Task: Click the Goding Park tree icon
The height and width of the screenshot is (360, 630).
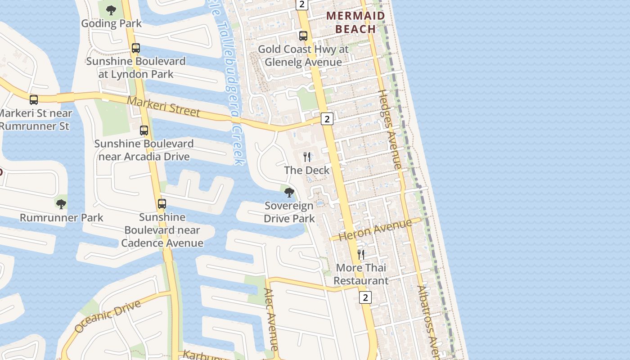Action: click(111, 10)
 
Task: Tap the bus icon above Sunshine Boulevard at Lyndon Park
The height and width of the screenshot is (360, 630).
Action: click(136, 48)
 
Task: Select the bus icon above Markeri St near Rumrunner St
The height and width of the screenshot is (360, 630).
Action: click(34, 100)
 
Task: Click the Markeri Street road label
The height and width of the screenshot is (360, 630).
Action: click(163, 107)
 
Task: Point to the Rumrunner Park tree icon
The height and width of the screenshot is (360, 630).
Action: click(61, 204)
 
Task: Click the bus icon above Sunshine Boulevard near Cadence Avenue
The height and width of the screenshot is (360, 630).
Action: click(162, 204)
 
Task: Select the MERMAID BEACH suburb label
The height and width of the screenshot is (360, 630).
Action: click(355, 22)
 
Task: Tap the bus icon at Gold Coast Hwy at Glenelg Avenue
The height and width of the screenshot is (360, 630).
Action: click(303, 36)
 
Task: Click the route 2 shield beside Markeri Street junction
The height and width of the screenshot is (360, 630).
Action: click(327, 119)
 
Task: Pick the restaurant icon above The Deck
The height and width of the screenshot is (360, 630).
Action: click(307, 157)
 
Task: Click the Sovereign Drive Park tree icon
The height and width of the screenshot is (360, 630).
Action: click(289, 193)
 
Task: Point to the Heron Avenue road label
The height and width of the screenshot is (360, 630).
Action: click(375, 230)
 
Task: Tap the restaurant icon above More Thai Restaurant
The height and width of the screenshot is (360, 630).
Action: click(361, 255)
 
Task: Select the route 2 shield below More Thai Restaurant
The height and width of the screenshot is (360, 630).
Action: click(365, 297)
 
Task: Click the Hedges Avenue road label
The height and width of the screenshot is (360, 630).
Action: click(389, 130)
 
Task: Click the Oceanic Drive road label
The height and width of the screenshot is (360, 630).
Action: click(108, 316)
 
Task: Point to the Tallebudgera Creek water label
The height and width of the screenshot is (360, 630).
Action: click(230, 81)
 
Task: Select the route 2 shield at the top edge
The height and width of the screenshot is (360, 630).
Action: click(301, 4)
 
